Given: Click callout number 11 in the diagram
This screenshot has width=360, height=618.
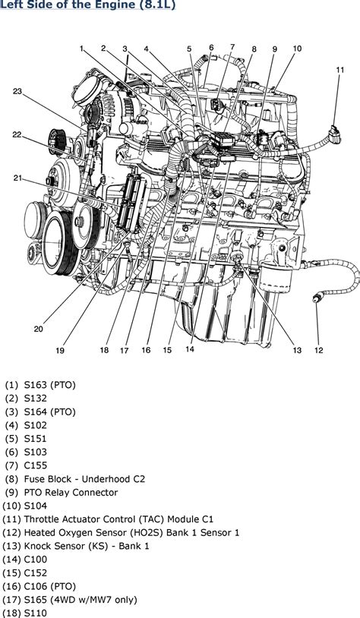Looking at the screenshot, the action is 340,70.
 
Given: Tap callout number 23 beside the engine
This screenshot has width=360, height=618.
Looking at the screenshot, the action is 17,91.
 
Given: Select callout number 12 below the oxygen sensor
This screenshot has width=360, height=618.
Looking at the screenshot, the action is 318,350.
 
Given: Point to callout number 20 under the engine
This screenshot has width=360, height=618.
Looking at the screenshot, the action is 38,329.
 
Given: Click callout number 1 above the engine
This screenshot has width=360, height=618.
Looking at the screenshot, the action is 81,49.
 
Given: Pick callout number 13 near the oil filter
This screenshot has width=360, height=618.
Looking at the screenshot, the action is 296,350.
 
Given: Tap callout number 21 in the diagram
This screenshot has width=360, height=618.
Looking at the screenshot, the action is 17,178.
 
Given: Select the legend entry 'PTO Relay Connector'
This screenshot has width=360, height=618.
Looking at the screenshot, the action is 71,493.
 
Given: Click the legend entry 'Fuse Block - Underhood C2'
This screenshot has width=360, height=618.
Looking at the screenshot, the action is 84,479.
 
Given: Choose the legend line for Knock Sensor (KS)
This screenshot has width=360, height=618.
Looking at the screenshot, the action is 87,547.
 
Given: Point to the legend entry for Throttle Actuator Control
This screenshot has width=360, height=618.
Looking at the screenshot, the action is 118,519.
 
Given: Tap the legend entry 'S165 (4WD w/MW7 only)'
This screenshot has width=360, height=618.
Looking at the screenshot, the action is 81,600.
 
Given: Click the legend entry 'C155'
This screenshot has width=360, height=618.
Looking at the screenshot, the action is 36,466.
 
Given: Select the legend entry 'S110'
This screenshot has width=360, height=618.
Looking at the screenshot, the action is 36,613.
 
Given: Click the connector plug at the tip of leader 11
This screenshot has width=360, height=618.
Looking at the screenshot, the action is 336,134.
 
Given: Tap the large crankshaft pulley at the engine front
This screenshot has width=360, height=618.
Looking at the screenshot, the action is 58,243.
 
